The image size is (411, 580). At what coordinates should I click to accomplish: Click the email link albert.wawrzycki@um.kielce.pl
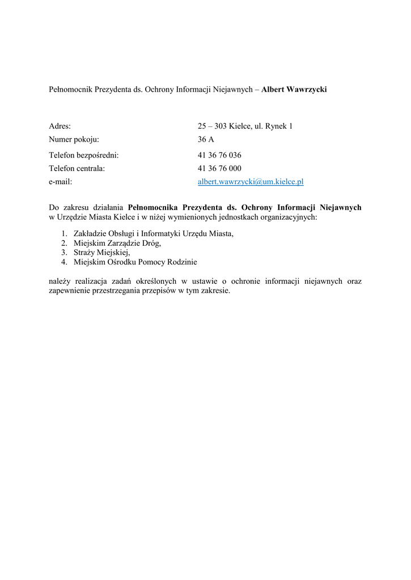click(251, 182)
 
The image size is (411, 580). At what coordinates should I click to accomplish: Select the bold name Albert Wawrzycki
click(294, 89)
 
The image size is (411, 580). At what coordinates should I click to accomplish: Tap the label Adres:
click(60, 126)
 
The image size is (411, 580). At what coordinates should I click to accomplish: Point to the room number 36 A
click(206, 139)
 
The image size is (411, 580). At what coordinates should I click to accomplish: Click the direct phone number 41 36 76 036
click(219, 155)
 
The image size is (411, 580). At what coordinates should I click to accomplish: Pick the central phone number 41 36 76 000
click(219, 168)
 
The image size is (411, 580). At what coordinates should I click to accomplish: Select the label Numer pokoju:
click(74, 139)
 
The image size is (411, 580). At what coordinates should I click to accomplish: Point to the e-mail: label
click(61, 182)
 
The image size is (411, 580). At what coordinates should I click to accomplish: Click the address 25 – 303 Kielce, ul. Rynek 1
click(245, 126)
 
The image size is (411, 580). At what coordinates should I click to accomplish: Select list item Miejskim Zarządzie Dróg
click(117, 243)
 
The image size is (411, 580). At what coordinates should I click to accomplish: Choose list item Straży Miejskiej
click(102, 253)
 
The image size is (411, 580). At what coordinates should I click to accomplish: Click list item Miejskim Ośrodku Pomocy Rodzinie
click(135, 262)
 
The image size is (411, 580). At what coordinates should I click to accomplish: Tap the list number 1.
click(64, 233)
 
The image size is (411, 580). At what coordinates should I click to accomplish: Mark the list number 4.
click(64, 262)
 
